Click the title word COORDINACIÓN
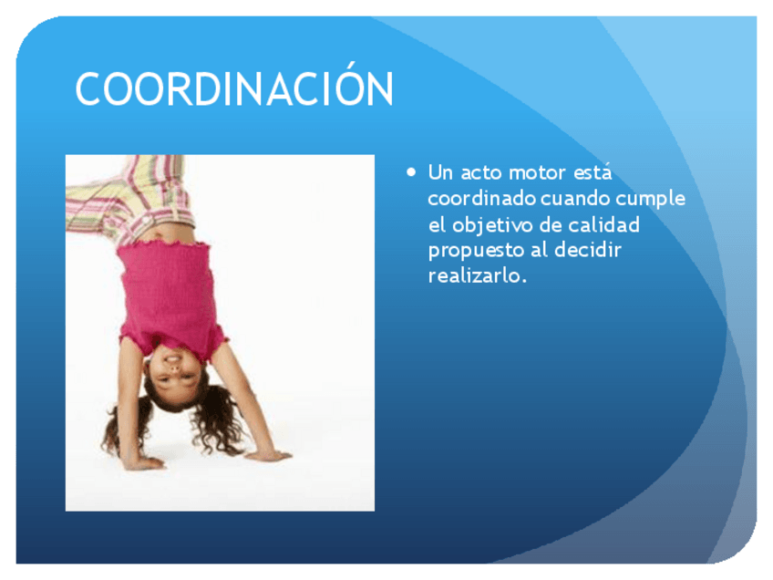point(234,89)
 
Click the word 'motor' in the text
point(538,172)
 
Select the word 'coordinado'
point(481,199)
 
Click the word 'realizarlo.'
point(478,275)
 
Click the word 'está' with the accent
point(593,171)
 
